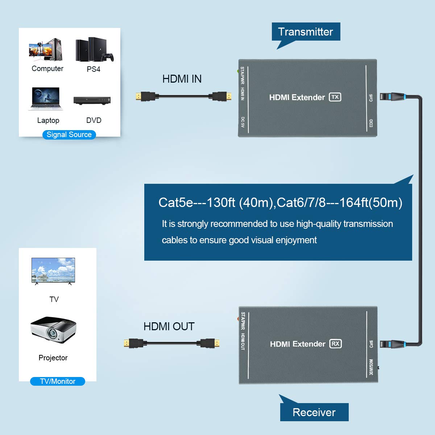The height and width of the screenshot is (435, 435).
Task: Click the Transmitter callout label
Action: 306,32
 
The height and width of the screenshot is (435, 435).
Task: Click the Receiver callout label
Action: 314,412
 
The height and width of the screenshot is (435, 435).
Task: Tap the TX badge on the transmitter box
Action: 335,97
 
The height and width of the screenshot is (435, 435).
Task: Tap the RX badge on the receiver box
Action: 336,344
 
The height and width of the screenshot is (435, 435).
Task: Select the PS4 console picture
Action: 94,50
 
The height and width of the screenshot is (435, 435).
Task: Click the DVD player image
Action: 92,100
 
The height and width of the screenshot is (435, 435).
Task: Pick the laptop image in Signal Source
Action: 46,99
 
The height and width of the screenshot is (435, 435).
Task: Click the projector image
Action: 54,330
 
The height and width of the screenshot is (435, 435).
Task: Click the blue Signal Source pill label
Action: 69,134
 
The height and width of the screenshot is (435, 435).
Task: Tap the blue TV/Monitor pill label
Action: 58,381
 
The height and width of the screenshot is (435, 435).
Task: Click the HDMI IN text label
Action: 182,79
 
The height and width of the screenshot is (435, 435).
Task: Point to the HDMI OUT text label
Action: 169,327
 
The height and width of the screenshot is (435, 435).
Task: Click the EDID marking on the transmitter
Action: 371,123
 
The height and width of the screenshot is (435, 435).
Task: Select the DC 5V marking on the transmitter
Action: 243,122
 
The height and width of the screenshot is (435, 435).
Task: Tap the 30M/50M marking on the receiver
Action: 371,367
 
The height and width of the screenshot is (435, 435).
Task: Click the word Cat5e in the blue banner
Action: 175,203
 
